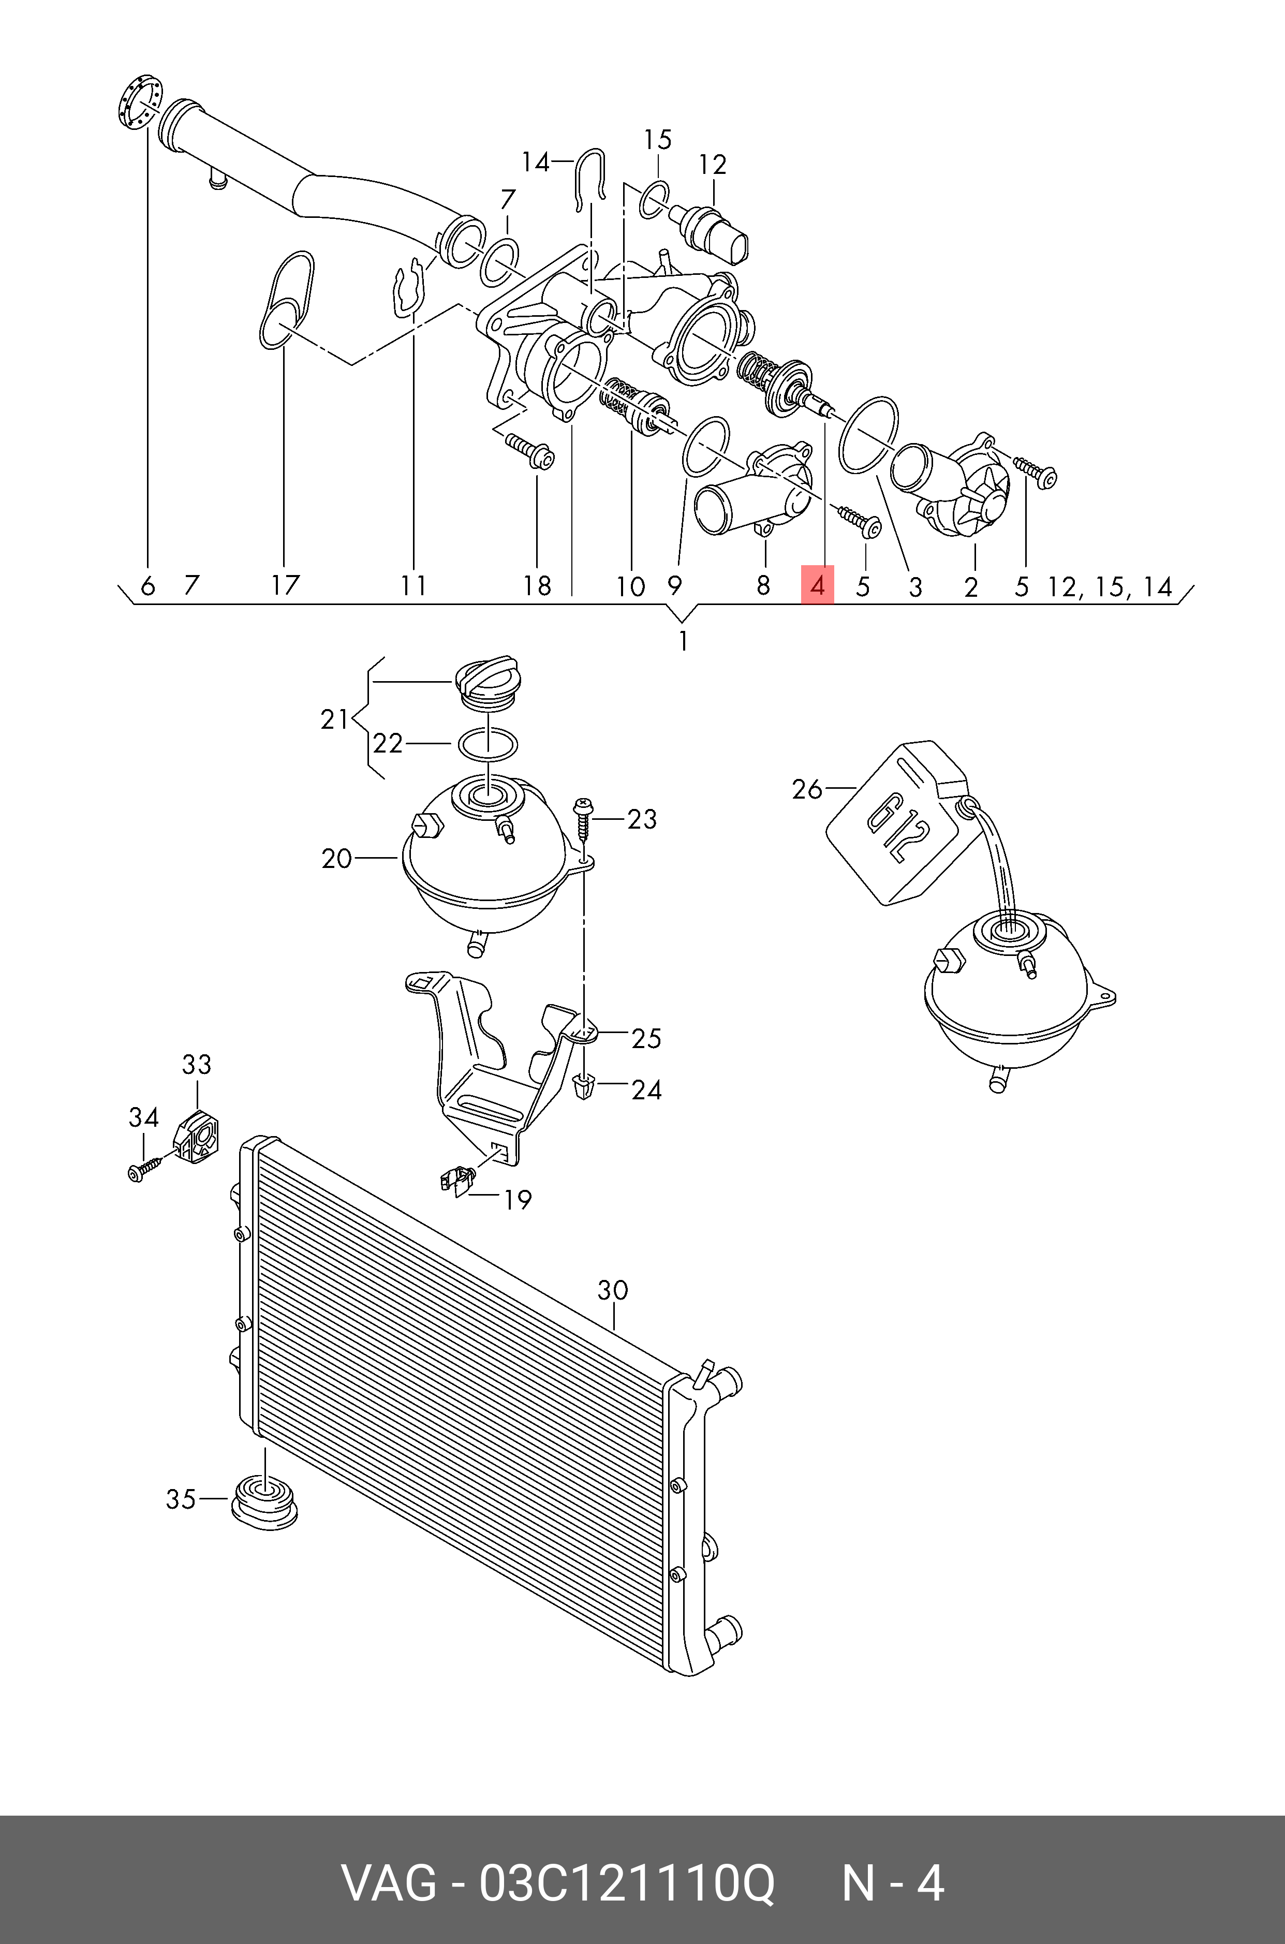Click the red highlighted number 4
pyautogui.click(x=817, y=585)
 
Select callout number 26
pyautogui.click(x=806, y=789)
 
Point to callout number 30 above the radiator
pyautogui.click(x=612, y=1291)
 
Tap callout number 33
pyautogui.click(x=197, y=1065)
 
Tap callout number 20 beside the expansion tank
pyautogui.click(x=336, y=859)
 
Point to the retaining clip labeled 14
pyautogui.click(x=590, y=176)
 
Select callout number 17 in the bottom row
pyautogui.click(x=285, y=585)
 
